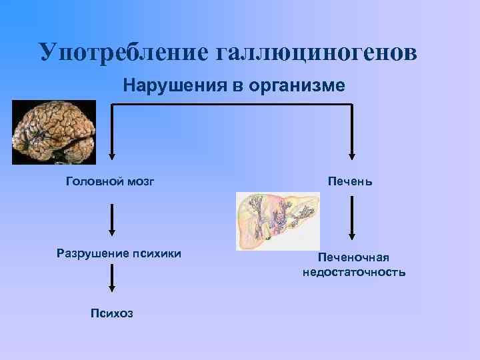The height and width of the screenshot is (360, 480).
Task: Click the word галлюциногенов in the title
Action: tap(316, 52)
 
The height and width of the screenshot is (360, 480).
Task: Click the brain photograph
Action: tap(54, 132)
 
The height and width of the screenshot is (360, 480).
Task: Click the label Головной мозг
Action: tap(110, 181)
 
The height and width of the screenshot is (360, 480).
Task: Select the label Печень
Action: tap(350, 181)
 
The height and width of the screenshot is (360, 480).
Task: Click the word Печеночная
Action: tap(353, 257)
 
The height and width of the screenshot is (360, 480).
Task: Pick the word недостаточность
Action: tap(353, 272)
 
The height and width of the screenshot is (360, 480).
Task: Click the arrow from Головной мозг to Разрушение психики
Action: tap(112, 220)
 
